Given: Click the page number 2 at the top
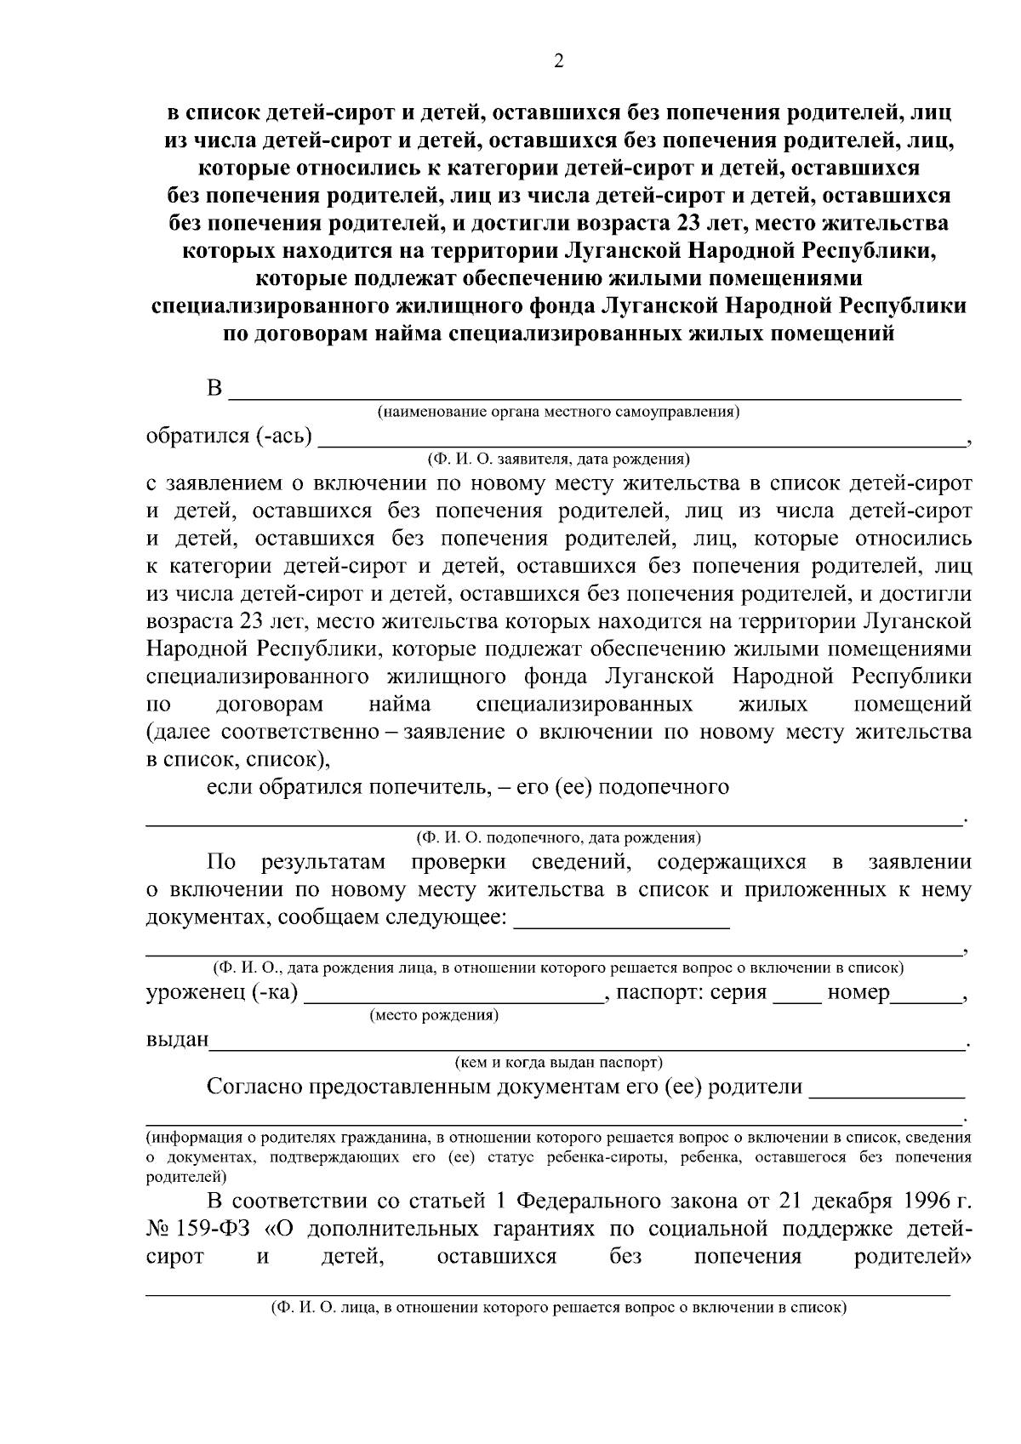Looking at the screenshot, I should point(558,60).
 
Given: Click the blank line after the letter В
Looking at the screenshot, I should point(596,395).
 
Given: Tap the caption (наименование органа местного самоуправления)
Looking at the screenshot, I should point(559,413).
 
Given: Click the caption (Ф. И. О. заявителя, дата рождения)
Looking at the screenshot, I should point(558,459).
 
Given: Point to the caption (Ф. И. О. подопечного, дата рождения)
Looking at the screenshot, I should point(558,836).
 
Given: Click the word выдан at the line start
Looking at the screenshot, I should point(177,1040).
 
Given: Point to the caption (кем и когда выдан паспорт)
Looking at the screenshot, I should point(559,1063).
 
